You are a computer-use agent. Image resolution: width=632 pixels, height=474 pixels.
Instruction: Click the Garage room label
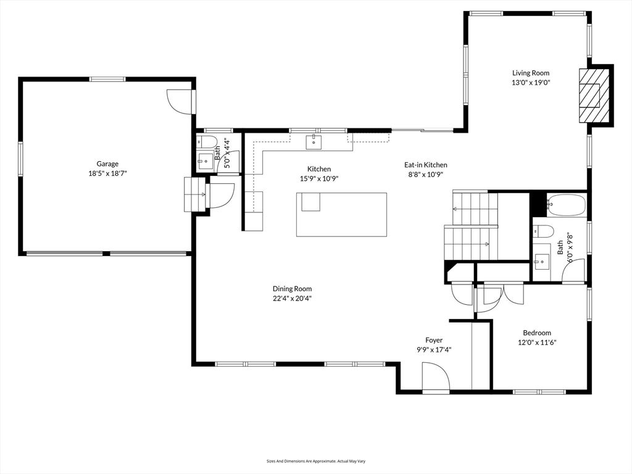pyautogui.click(x=107, y=164)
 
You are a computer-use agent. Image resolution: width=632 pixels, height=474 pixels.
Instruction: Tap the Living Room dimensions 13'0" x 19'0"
pyautogui.click(x=530, y=82)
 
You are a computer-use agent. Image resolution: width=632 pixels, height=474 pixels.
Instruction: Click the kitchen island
pyautogui.click(x=341, y=214)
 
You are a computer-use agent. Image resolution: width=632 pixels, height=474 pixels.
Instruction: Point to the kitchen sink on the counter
pyautogui.click(x=314, y=142)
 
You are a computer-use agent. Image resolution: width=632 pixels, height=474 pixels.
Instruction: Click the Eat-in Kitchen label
pyautogui.click(x=425, y=165)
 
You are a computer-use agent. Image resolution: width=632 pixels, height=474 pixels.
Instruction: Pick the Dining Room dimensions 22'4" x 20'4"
pyautogui.click(x=292, y=298)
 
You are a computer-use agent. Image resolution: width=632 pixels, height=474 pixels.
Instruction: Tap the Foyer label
pyautogui.click(x=434, y=340)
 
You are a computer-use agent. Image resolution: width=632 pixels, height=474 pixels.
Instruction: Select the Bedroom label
pyautogui.click(x=536, y=333)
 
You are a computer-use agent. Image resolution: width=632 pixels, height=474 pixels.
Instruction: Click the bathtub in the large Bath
pyautogui.click(x=565, y=204)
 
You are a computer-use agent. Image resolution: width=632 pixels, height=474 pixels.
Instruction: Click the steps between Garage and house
pyautogui.click(x=195, y=194)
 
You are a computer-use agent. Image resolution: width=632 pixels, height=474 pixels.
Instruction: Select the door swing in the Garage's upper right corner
pyautogui.click(x=180, y=101)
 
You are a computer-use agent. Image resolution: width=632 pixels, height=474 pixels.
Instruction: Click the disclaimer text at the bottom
pyautogui.click(x=315, y=461)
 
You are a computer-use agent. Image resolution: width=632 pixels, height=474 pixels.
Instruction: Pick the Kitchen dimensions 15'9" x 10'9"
pyautogui.click(x=319, y=178)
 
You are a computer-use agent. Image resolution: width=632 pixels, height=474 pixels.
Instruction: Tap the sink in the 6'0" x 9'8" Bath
pyautogui.click(x=541, y=261)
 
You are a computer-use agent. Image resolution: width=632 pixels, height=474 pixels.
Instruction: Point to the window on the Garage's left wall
pyautogui.click(x=20, y=160)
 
